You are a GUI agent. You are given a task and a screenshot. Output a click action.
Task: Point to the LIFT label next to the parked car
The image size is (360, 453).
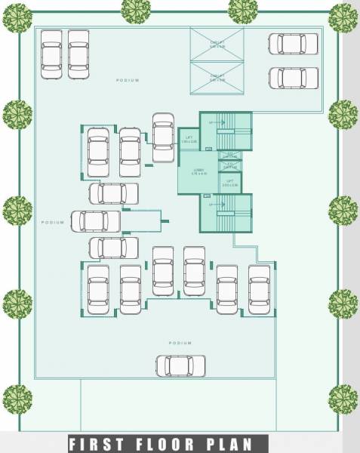pos(188,140)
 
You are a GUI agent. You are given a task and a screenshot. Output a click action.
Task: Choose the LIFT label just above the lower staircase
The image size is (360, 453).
pos(229,183)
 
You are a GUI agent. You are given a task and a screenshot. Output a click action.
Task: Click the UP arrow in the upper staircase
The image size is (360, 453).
pos(211,122)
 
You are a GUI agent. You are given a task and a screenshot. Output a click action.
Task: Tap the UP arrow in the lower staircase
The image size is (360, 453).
pos(211,205)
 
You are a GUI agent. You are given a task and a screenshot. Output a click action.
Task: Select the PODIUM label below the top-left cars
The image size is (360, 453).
pos(128,80)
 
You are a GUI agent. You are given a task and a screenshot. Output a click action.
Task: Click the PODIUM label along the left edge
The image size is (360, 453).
pos(53,223)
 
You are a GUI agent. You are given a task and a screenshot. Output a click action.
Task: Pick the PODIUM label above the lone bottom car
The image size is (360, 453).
pos(180,343)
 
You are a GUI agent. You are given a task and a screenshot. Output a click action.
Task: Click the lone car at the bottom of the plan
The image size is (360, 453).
pos(180,365)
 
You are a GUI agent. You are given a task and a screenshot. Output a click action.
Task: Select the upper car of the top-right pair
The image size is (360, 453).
pos(293,44)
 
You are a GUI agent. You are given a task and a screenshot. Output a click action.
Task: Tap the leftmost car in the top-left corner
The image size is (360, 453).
pos(51,54)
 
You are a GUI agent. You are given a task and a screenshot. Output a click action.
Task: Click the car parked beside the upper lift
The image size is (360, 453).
pos(163,137)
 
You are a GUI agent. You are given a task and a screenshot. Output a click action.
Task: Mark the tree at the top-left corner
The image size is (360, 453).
pos(17,17)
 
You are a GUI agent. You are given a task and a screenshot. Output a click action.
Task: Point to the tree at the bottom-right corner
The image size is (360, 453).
pos(343,399)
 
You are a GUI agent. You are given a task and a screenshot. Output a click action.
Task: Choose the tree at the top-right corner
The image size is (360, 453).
pos(343,17)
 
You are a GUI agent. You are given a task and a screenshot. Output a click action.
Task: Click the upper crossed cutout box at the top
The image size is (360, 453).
pos(217,45)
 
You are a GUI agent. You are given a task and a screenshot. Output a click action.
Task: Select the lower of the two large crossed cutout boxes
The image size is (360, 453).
pos(217,77)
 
